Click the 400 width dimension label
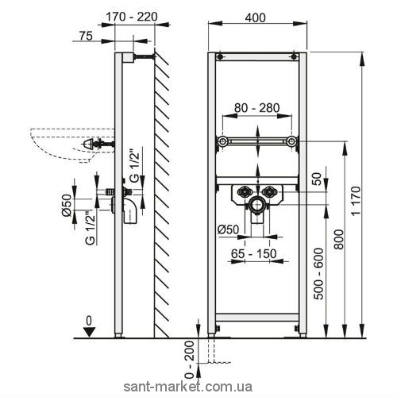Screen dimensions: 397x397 [x=255, y=18]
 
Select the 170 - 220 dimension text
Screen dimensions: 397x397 [x=132, y=17]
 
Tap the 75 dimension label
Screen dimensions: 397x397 [x=86, y=36]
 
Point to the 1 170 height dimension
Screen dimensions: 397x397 [x=357, y=201]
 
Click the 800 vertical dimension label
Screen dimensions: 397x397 [x=339, y=239]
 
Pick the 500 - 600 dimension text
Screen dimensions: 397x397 [x=318, y=274]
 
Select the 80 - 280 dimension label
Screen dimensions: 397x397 [x=257, y=108]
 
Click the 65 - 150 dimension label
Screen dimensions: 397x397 [x=254, y=254]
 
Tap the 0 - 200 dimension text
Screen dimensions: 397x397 [x=190, y=360]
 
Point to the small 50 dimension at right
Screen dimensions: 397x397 [x=318, y=179]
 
